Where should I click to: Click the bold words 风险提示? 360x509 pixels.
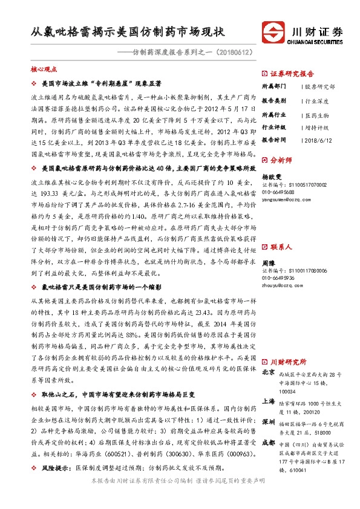55,467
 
